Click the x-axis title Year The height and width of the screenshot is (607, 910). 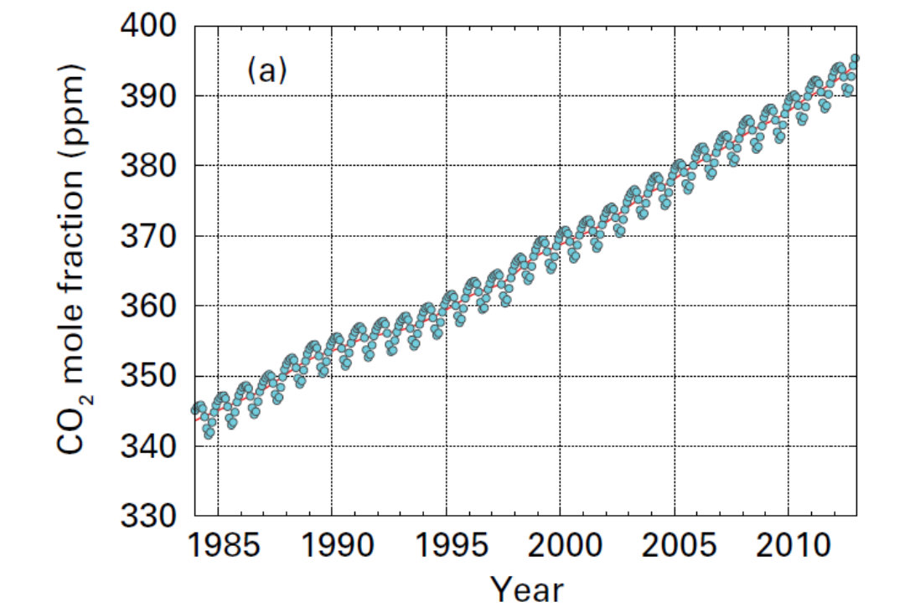click(526, 589)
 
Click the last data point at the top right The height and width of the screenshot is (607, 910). click(855, 59)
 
